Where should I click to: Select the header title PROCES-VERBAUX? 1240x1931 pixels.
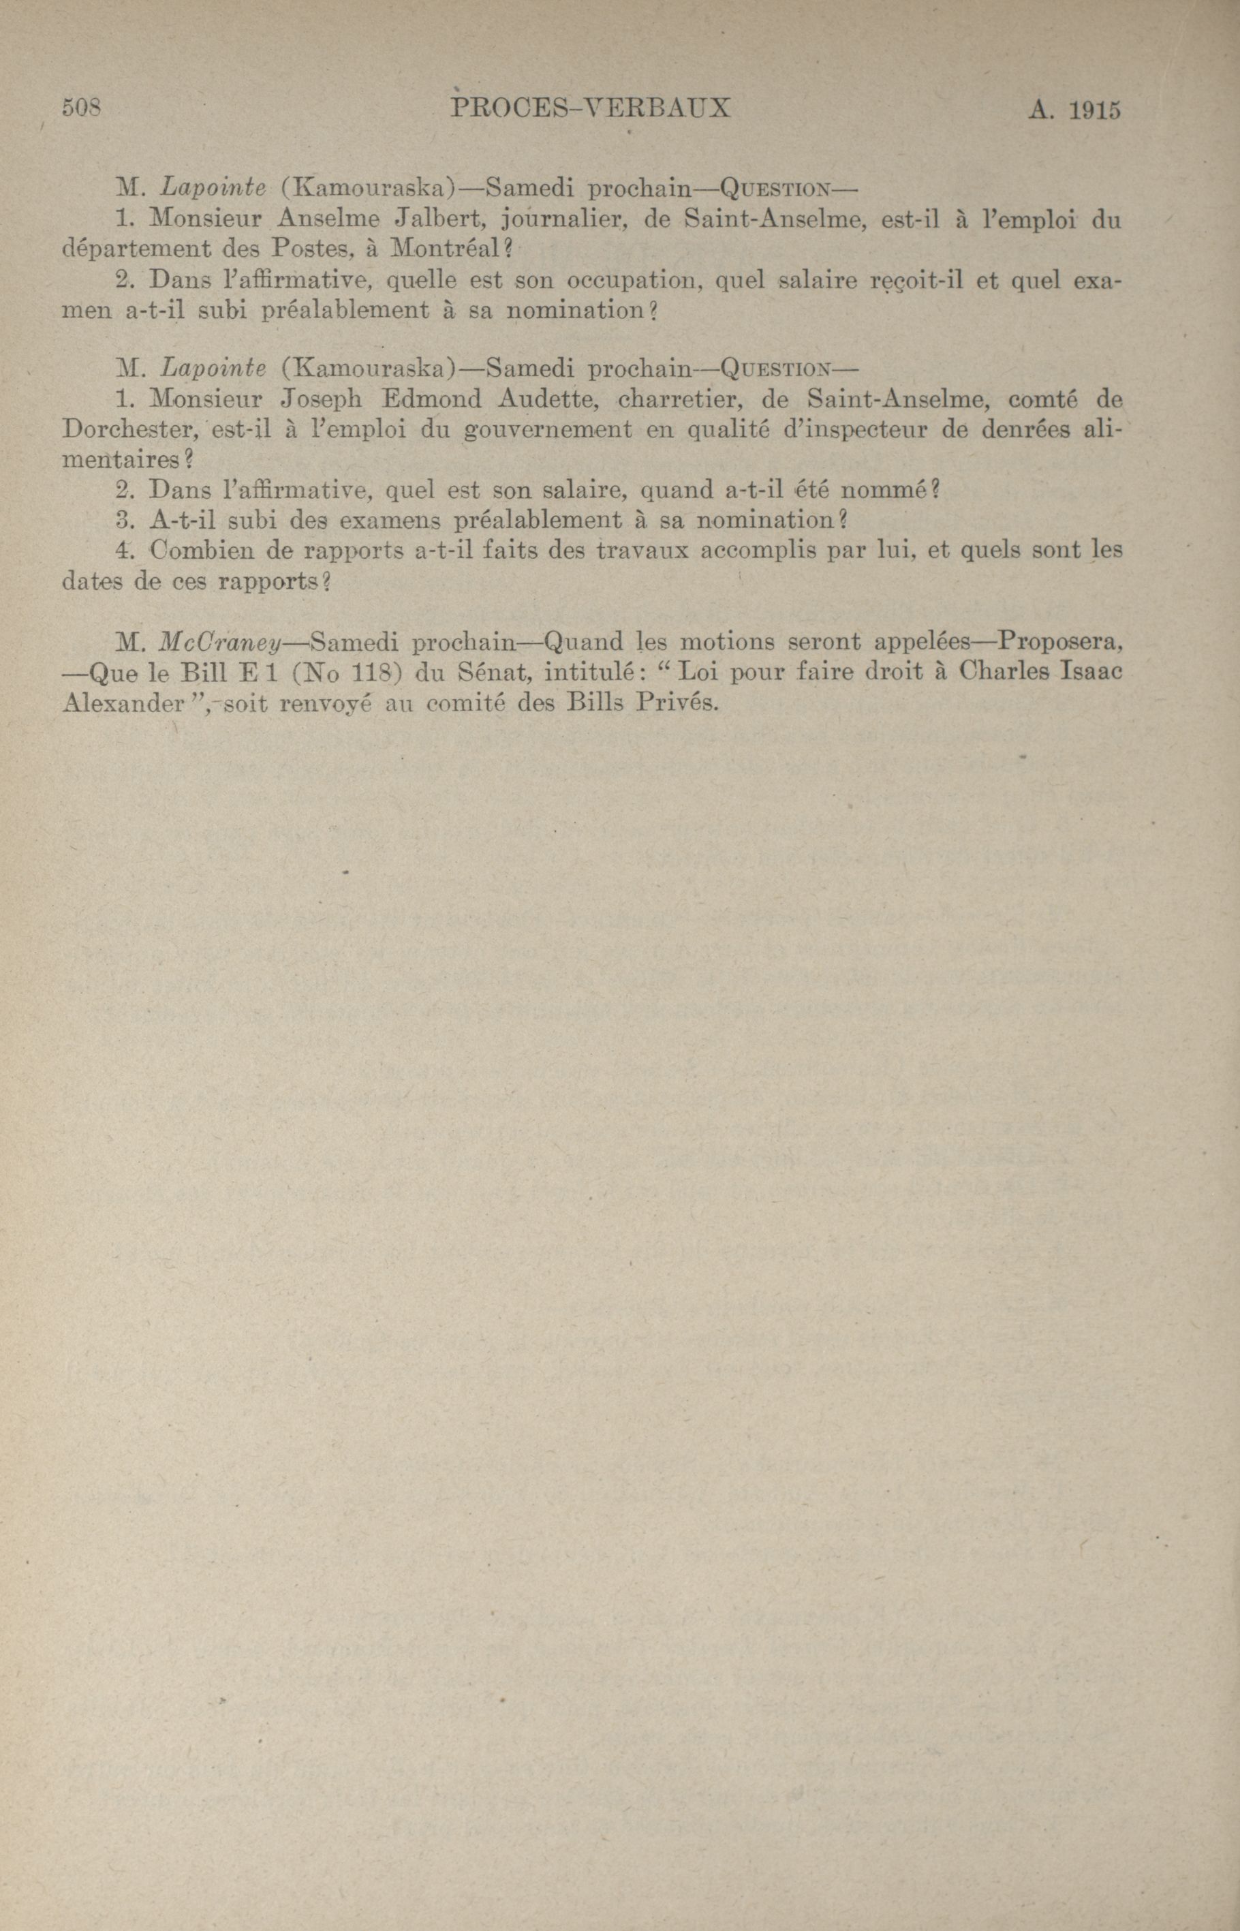click(591, 108)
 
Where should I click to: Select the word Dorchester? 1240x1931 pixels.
click(125, 429)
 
